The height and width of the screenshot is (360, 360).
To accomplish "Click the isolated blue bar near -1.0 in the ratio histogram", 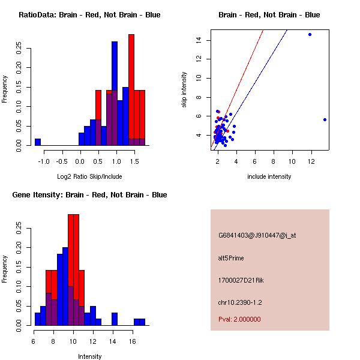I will tap(38, 142).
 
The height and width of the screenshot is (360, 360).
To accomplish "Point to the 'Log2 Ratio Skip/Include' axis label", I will tap(89, 176).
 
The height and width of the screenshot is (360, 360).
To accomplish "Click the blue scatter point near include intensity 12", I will tap(310, 35).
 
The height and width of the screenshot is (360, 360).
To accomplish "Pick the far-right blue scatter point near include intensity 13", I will tap(325, 119).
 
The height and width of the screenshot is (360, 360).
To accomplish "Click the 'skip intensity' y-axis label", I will tap(184, 90).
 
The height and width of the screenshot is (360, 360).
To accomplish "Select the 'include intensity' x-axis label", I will tap(269, 176).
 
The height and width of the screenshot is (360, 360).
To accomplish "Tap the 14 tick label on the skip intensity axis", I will tap(197, 40).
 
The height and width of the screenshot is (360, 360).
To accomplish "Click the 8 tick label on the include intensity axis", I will tap(274, 161).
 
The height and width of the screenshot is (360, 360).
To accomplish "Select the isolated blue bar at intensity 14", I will tap(115, 319).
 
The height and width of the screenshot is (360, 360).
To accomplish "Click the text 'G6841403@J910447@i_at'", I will tap(257, 235).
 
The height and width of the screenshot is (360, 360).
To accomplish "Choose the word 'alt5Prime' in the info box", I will tap(231, 258).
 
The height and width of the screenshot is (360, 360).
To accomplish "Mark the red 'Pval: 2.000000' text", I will tap(240, 319).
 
